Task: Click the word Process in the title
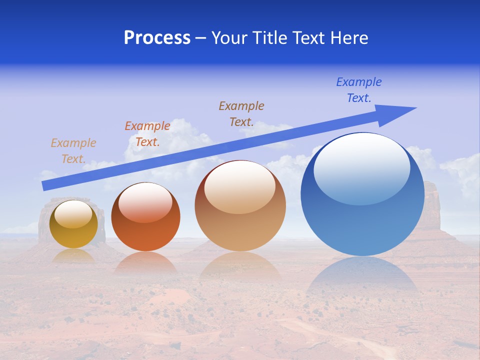tap(157, 38)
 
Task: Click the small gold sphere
tap(73, 224)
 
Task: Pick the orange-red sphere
tap(145, 217)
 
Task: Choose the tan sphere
tap(240, 206)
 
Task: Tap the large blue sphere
tap(362, 195)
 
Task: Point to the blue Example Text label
tap(359, 90)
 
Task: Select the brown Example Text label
tap(241, 113)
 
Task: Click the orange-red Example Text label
tap(147, 134)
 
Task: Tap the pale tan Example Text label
tap(73, 151)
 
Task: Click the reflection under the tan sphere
tap(240, 265)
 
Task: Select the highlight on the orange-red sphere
tap(145, 202)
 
